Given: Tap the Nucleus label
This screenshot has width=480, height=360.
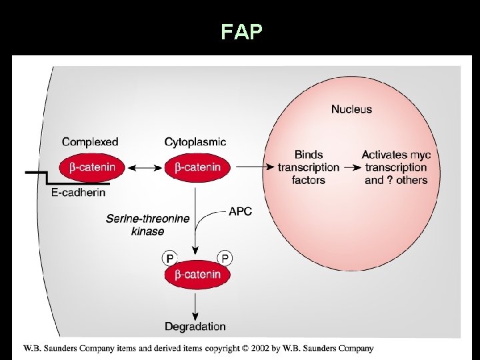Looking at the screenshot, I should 351,109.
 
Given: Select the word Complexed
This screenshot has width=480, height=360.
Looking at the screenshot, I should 90,141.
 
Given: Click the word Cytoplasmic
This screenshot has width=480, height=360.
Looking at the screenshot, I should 195,141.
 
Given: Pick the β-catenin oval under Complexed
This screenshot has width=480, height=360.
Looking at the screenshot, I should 92,167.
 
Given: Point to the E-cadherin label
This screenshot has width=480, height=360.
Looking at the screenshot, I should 79,193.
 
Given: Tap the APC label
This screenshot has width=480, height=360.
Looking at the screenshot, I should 240,211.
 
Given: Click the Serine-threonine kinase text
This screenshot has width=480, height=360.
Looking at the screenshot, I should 147,225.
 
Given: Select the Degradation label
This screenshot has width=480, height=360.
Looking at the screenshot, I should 195,327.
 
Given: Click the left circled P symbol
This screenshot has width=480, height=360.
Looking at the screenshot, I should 169,258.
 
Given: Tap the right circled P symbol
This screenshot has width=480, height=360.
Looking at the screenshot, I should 225,258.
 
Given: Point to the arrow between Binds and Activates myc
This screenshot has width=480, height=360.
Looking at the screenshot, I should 350,167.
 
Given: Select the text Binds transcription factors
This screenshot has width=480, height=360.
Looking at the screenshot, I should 309,167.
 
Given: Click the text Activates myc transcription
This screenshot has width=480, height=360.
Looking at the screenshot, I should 396,161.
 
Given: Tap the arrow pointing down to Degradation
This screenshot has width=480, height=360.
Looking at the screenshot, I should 196,305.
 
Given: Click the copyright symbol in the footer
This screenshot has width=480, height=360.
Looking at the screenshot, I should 245,348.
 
